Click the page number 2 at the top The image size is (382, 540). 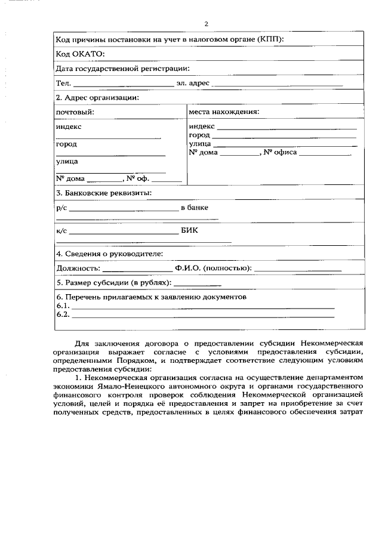pyautogui.click(x=206, y=24)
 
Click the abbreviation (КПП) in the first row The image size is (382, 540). pyautogui.click(x=270, y=40)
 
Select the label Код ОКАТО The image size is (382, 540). pyautogui.click(x=79, y=54)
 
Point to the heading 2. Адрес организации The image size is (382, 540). pyautogui.click(x=97, y=97)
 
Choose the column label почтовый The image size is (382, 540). pyautogui.click(x=75, y=112)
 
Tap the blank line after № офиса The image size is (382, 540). pyautogui.click(x=325, y=155)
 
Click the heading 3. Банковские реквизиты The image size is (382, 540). pyautogui.click(x=103, y=193)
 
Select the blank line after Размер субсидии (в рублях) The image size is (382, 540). pyautogui.click(x=198, y=285)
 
